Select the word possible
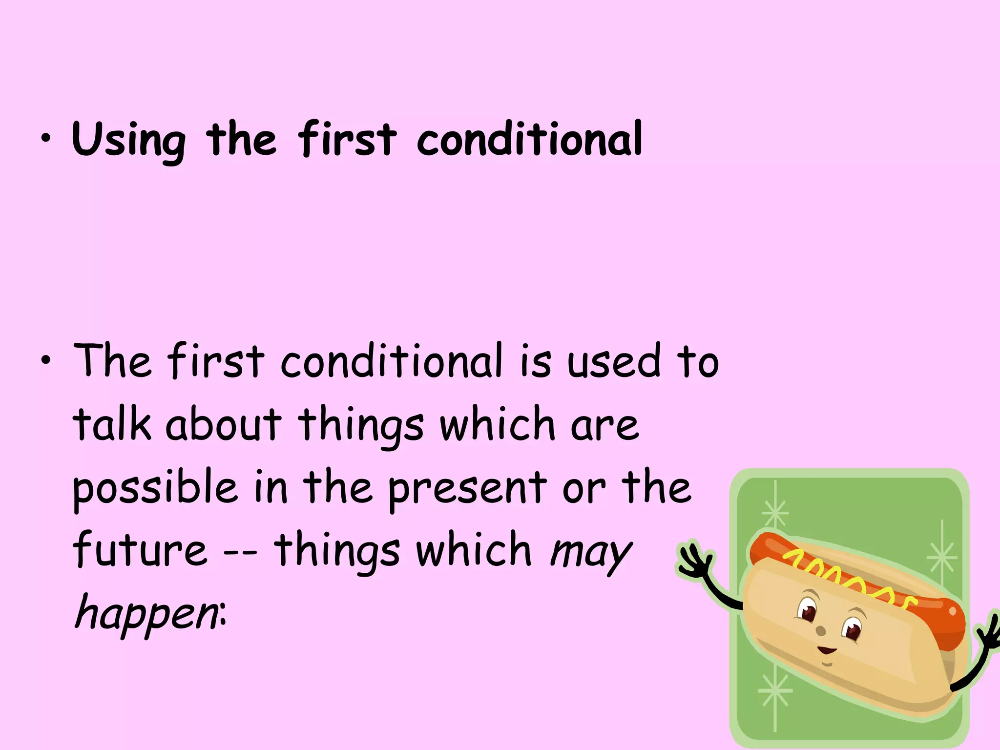[x=155, y=488]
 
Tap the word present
[x=468, y=488]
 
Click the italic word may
[x=591, y=554]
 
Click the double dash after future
[x=240, y=555]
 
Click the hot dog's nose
[x=821, y=631]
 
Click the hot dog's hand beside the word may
[x=696, y=562]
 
